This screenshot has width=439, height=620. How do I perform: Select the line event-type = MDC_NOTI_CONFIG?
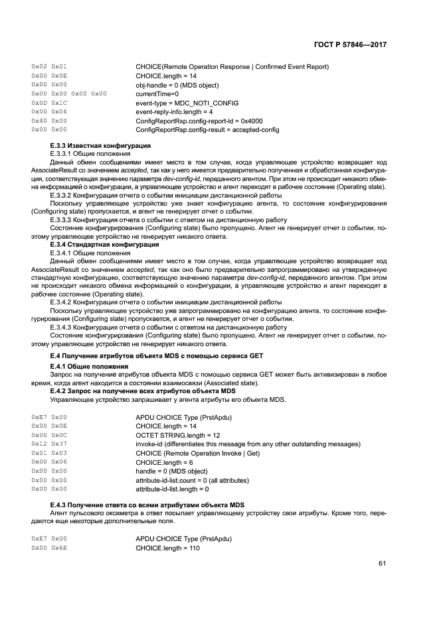(x=187, y=103)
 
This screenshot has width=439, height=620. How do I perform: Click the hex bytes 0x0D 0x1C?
(x=49, y=103)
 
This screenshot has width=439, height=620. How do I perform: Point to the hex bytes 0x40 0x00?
(x=49, y=121)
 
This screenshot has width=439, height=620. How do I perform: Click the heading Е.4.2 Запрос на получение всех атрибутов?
(x=139, y=391)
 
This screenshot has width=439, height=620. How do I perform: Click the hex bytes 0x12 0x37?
(x=49, y=444)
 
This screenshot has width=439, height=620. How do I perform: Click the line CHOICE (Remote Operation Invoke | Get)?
(x=197, y=453)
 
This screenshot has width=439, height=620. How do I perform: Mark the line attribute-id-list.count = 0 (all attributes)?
(x=192, y=480)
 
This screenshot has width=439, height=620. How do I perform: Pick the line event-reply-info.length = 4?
(x=174, y=112)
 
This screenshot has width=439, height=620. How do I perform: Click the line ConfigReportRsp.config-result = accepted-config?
(x=207, y=130)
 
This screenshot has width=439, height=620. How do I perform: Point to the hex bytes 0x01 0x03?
(x=49, y=453)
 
